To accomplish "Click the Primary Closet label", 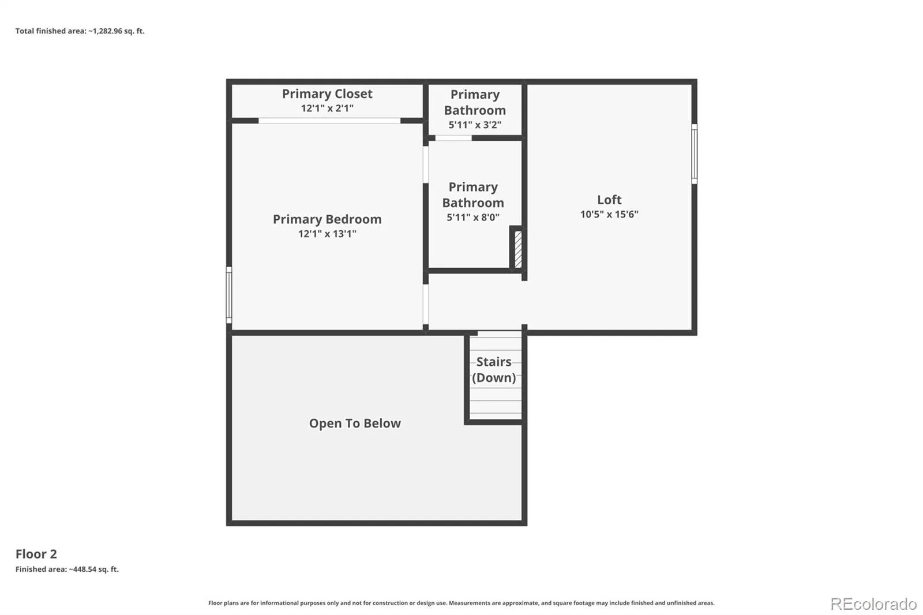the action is [x=327, y=94].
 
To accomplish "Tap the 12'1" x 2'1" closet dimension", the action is [x=327, y=108].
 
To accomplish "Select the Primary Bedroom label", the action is [x=327, y=219].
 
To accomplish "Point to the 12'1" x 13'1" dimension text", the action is [x=327, y=234].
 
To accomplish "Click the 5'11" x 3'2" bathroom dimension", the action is [x=475, y=125].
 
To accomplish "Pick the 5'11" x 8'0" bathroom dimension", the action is [x=473, y=217].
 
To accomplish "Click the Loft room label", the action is [x=609, y=200].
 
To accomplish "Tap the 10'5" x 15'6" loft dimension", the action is [x=609, y=215].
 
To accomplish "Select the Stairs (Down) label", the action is [x=494, y=370].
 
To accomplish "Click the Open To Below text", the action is [x=355, y=423].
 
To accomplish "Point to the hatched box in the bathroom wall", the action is [x=519, y=249].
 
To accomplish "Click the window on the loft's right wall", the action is [x=695, y=153].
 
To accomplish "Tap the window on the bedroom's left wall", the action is [x=229, y=295].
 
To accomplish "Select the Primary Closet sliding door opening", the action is [x=329, y=121].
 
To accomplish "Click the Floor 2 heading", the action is [x=36, y=554].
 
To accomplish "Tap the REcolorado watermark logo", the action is [x=873, y=604].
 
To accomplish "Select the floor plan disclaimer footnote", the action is [x=461, y=603].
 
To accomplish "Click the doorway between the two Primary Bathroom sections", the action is [x=453, y=138].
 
